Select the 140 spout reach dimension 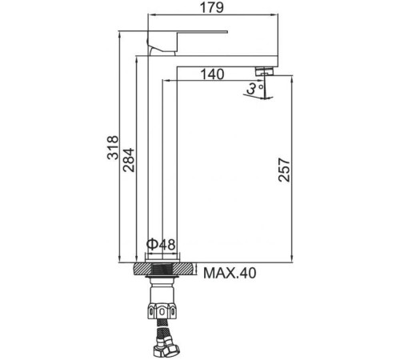coord(211,74)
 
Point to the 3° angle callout coord(254,89)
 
